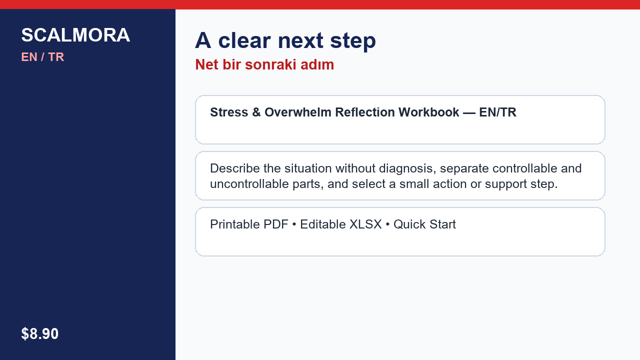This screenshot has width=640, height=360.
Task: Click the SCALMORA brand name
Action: (75, 35)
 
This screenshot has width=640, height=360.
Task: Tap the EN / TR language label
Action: (42, 57)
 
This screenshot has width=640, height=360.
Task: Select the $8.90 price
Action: (39, 333)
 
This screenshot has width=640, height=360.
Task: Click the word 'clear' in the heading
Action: (244, 40)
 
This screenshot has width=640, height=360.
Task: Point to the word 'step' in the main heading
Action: (353, 42)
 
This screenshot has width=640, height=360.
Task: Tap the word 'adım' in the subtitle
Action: (317, 64)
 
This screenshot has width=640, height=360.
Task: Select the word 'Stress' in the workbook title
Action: (229, 112)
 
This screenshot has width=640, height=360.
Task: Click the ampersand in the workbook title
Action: (256, 112)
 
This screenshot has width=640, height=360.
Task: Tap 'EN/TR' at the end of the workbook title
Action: (497, 112)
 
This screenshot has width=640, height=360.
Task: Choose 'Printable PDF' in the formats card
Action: (249, 224)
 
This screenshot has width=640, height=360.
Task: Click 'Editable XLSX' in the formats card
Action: (341, 224)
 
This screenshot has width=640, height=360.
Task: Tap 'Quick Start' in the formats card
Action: (424, 224)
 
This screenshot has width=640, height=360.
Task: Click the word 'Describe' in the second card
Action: (235, 168)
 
